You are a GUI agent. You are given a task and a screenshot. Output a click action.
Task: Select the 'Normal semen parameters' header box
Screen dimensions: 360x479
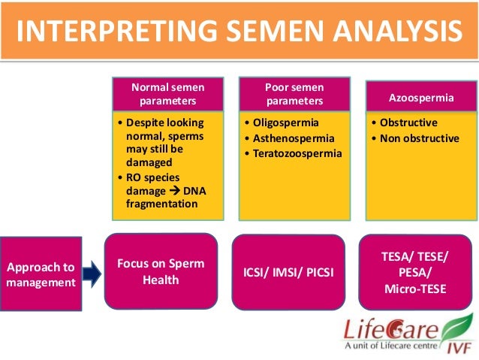tap(169, 94)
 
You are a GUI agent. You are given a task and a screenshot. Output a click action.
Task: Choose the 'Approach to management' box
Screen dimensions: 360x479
tap(41, 275)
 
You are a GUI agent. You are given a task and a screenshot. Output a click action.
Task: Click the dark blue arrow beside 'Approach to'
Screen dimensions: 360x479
tap(92, 274)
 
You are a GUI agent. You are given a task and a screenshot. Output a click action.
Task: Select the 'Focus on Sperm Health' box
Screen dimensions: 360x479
tap(161, 272)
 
